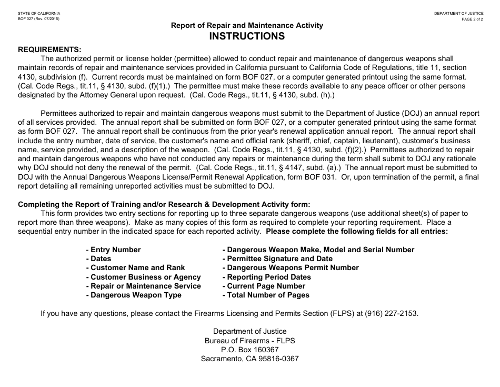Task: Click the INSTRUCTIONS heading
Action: click(247, 36)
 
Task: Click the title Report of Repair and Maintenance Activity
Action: click(247, 25)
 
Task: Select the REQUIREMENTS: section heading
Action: click(50, 49)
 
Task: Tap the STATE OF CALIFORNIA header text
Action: click(39, 13)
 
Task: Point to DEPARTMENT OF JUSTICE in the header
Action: click(458, 13)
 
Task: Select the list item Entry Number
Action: click(113, 250)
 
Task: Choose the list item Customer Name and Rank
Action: click(135, 268)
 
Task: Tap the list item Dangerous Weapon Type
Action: click(134, 295)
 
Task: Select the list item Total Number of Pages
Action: click(266, 295)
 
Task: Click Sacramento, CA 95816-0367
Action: click(249, 359)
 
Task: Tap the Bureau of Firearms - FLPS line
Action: click(249, 341)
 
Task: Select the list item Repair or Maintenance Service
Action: click(143, 286)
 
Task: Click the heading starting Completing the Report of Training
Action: click(164, 204)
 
